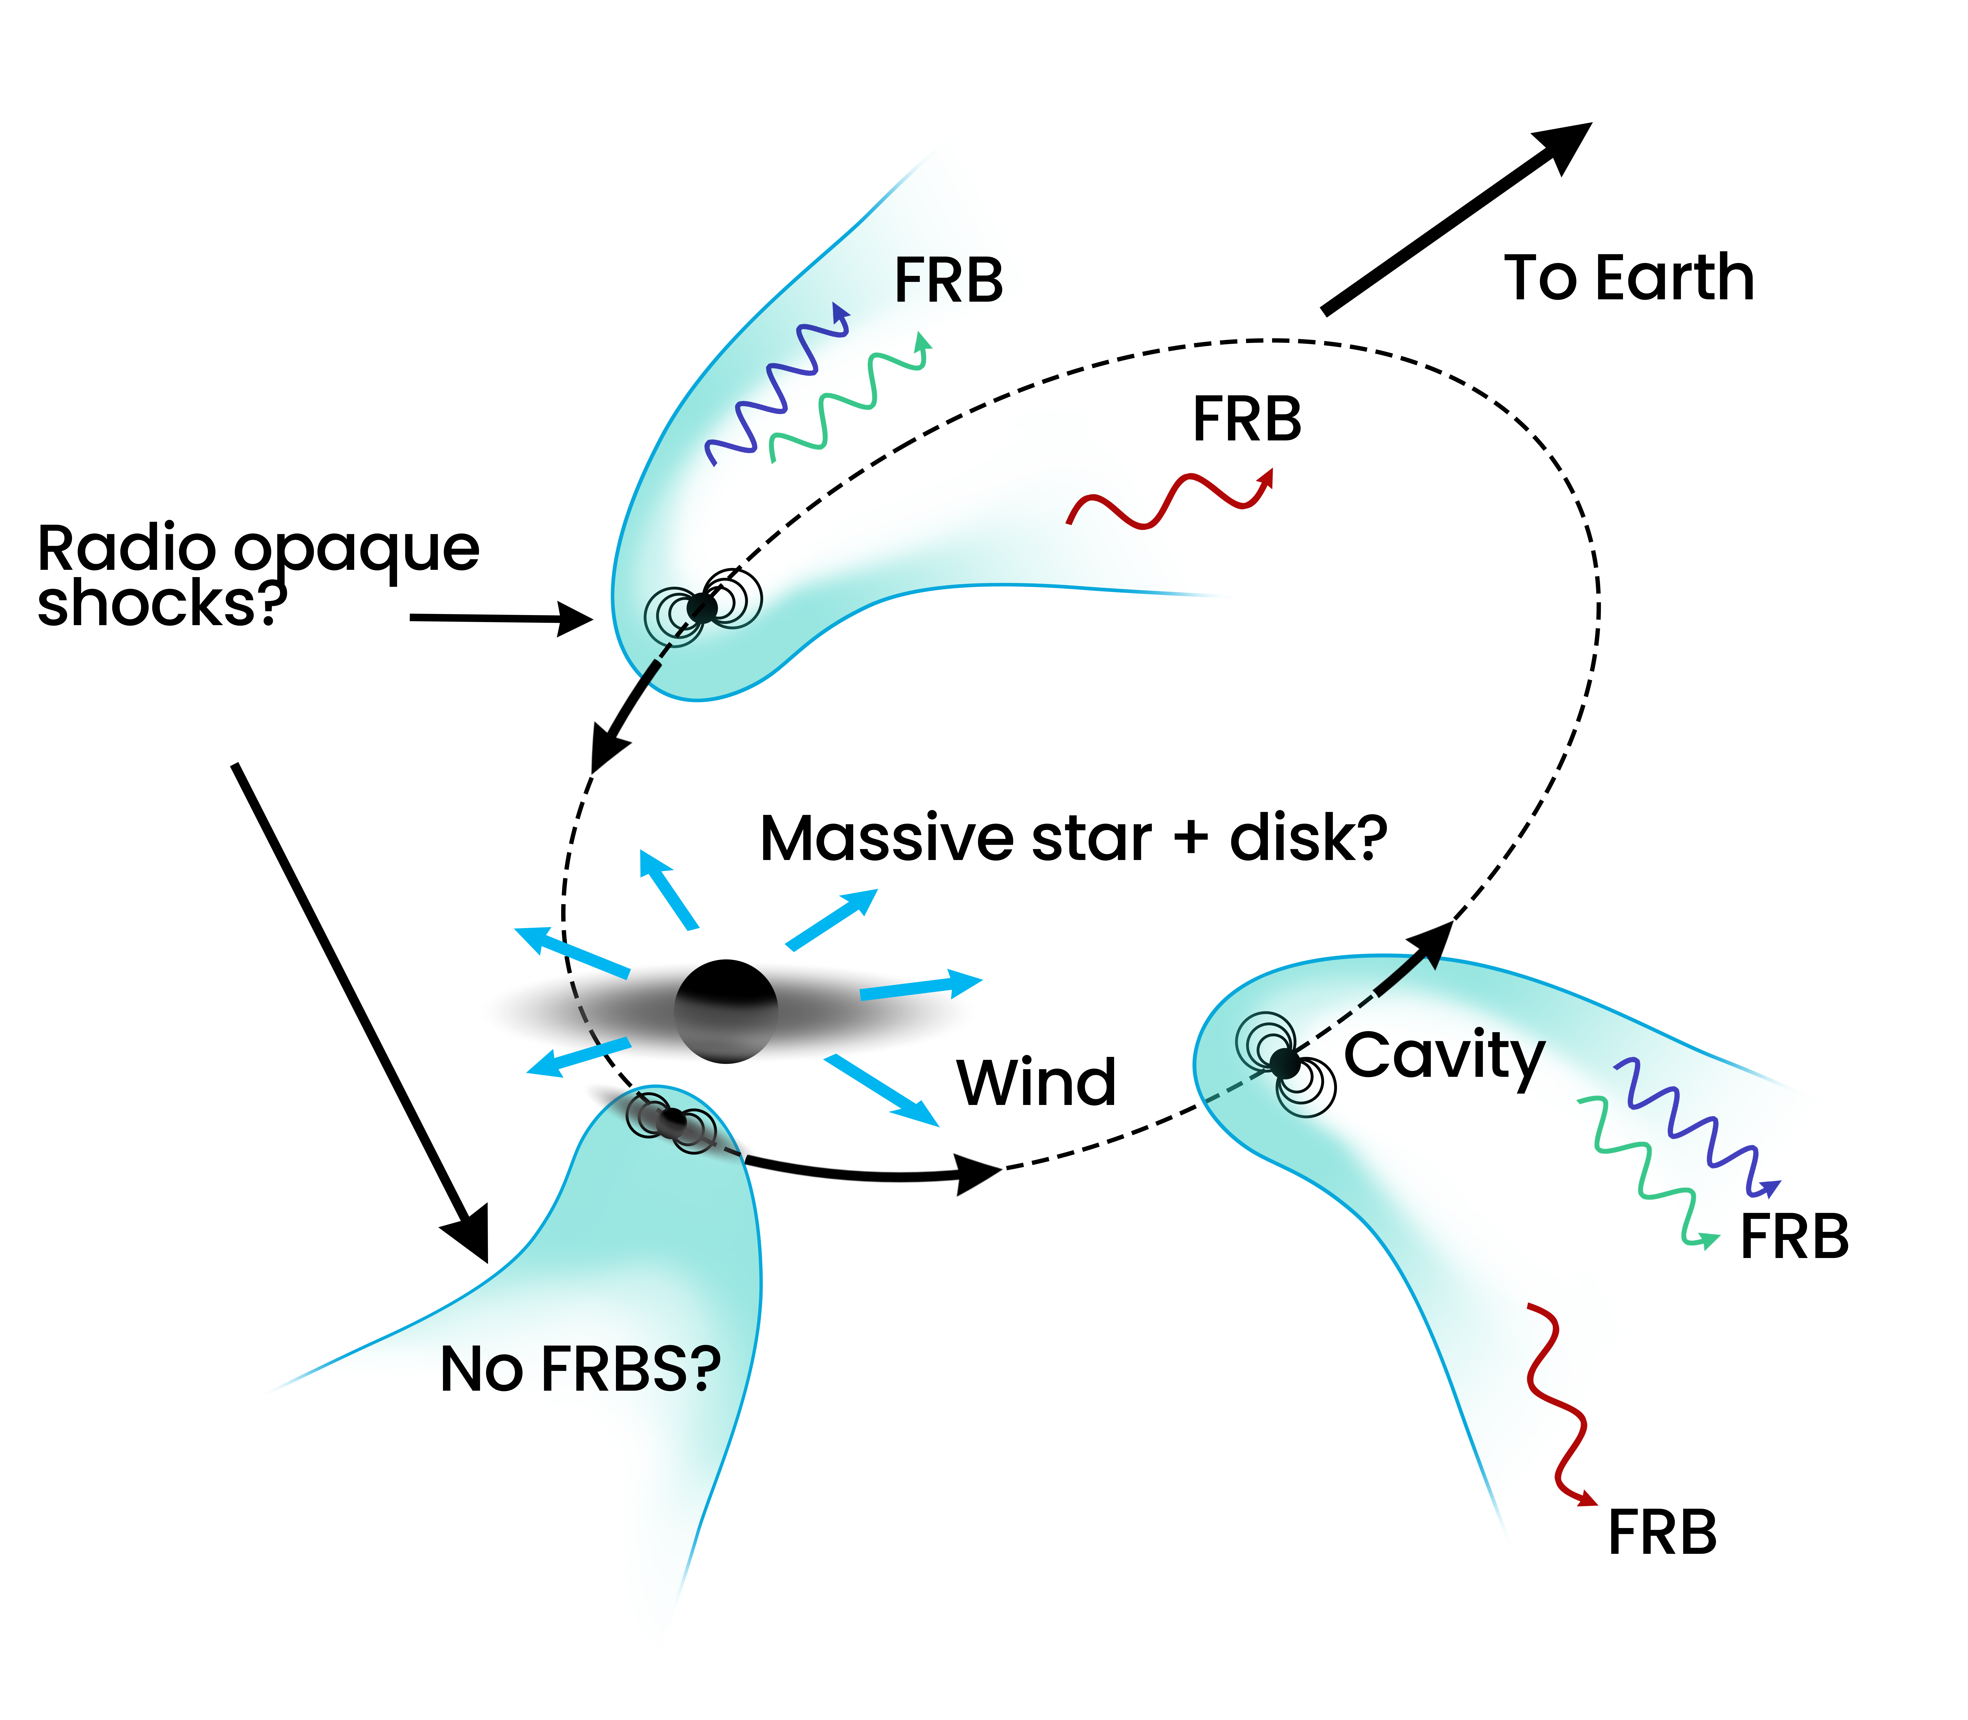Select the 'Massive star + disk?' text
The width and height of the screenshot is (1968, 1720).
pos(1073,838)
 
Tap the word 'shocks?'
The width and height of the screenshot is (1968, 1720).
pos(161,605)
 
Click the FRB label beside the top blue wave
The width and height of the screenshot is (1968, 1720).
pos(948,281)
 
